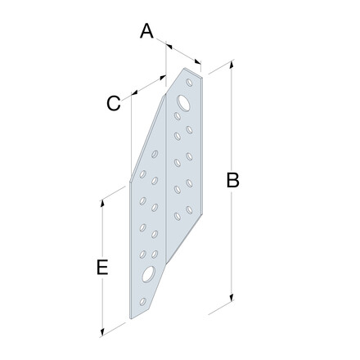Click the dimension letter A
146,31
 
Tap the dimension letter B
233,180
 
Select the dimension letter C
114,103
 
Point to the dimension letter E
102,267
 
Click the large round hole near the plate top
183,103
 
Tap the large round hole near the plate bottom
149,274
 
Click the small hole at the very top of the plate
189,83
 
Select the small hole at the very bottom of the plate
142,301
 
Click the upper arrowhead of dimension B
232,65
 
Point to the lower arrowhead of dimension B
232,297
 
